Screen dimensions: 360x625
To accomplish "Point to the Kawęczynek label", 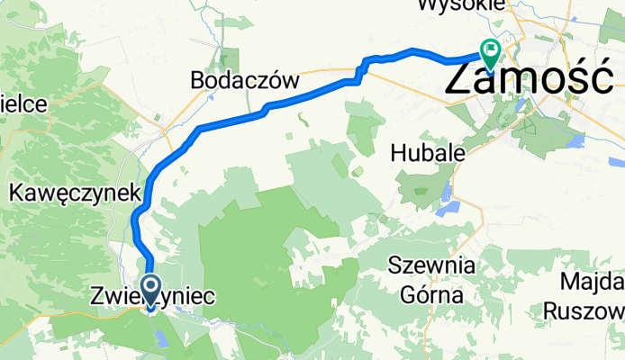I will pyautogui.click(x=75, y=192).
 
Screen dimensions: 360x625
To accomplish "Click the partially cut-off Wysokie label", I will pyautogui.click(x=458, y=5).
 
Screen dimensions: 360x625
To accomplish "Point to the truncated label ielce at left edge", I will pyautogui.click(x=23, y=103).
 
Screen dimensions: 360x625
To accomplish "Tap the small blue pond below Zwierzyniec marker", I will pyautogui.click(x=161, y=338).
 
